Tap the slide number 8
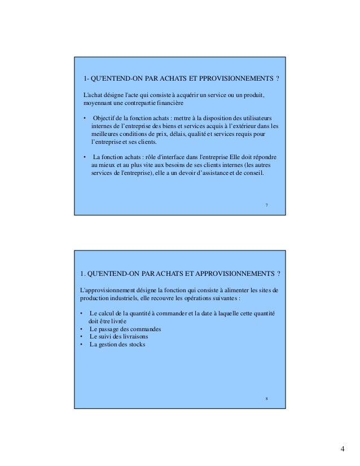(x=266, y=399)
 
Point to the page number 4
(x=342, y=449)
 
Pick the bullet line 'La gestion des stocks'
(x=117, y=344)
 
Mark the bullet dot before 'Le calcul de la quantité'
(x=82, y=314)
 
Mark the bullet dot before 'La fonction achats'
(x=85, y=157)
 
